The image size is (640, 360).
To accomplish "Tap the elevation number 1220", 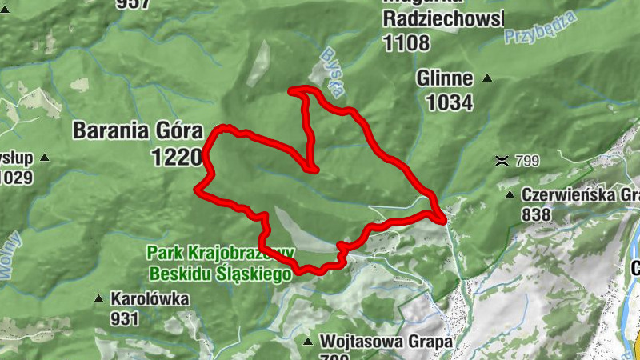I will tap(176, 156).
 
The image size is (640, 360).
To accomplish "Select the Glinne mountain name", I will tap(445, 79).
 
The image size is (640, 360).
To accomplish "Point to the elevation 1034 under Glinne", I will tap(450, 102).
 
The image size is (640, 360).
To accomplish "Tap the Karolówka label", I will tap(150, 299).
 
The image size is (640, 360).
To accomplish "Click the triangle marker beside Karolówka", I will tap(98, 299).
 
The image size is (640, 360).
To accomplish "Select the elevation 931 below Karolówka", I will tap(125, 318).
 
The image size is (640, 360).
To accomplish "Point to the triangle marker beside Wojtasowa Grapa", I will tap(307, 342).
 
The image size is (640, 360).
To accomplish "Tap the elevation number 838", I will tap(535, 214).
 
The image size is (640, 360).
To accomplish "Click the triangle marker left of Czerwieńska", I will tap(510, 194).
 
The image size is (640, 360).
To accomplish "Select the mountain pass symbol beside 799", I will tap(502, 160).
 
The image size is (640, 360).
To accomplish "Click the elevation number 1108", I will tap(406, 43).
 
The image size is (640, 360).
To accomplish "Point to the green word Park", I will tap(164, 254).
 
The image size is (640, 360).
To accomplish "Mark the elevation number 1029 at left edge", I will tap(16, 176).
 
